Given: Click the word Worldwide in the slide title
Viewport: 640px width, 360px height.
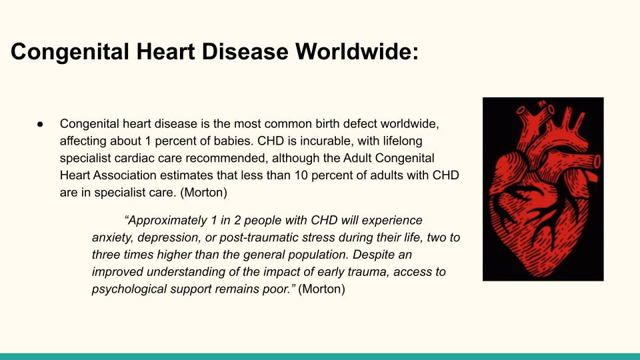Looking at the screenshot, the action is [357, 52].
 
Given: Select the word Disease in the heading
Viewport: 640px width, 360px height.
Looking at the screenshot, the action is [245, 52].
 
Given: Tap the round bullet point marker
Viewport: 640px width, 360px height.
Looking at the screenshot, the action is [40, 124].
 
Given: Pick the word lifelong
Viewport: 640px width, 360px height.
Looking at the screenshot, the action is [403, 141].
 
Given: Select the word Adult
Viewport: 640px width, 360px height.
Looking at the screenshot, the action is [357, 158].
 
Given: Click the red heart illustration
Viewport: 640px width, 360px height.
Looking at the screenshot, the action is [543, 189].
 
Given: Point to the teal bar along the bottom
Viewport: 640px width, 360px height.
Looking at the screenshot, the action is [320, 357].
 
